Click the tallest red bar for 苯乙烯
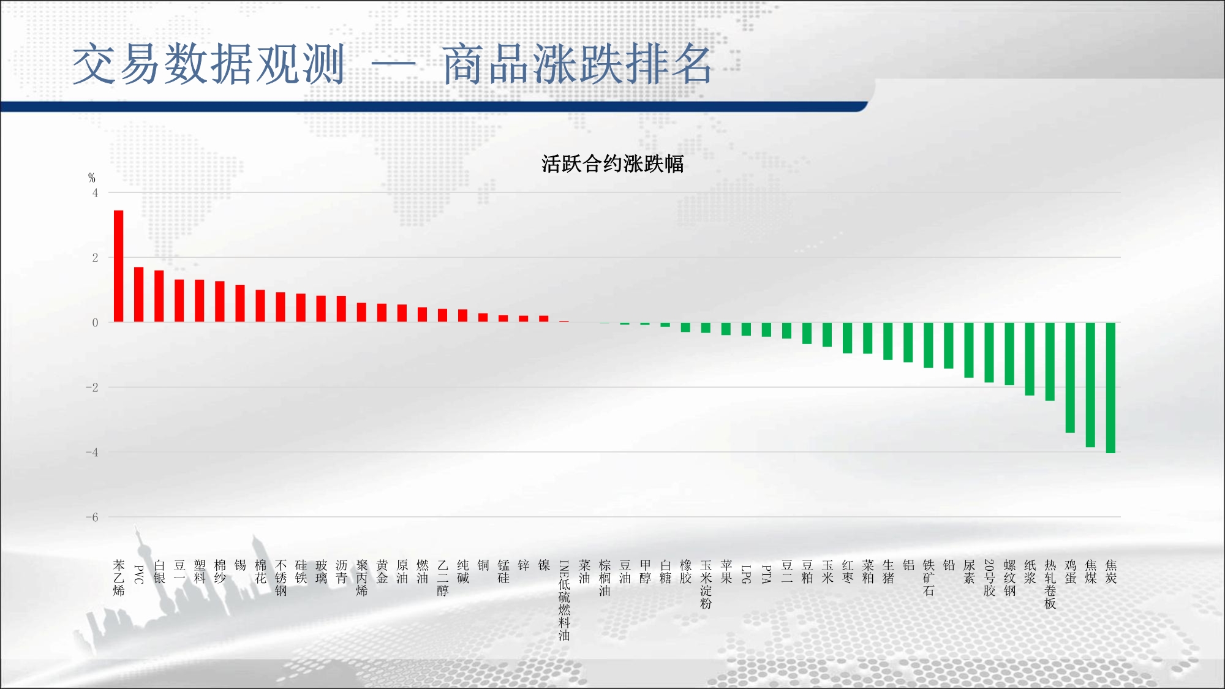pos(119,266)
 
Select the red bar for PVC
pos(139,295)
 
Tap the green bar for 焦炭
pos(1110,388)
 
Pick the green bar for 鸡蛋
pos(1070,377)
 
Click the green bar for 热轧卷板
pos(1050,361)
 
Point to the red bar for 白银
pos(159,296)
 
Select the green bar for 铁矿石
pos(929,345)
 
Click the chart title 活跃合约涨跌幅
pos(612,164)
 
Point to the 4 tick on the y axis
pos(95,193)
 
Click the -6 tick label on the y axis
pos(92,518)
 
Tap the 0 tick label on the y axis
pos(95,323)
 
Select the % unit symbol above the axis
pos(92,178)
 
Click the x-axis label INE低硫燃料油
pos(564,600)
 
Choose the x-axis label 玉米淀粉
pos(706,584)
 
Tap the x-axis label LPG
pos(746,574)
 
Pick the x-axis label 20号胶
pos(989,578)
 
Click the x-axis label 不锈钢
pos(281,578)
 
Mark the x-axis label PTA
pos(766,574)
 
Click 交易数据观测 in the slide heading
pos(209,64)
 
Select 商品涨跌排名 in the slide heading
pos(577,64)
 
